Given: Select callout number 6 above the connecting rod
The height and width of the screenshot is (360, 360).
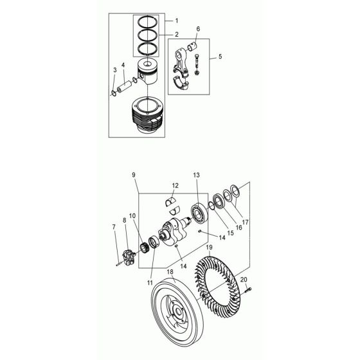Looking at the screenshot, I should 198,29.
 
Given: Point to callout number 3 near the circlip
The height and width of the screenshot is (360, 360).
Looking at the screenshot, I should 115,69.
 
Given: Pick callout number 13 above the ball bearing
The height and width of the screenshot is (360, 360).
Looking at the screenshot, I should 197,175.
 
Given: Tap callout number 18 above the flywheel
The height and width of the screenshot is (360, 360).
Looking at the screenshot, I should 170,272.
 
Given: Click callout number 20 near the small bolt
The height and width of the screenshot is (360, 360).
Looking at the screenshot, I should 244,279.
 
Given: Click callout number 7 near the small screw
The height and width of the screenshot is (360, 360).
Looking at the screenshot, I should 114,227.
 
